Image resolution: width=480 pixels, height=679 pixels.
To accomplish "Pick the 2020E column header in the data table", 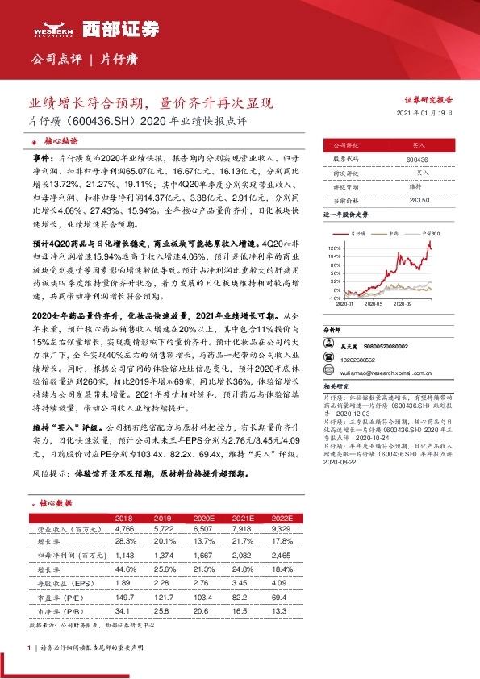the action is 203,517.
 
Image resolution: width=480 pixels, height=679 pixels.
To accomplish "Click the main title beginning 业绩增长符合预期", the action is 152,103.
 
